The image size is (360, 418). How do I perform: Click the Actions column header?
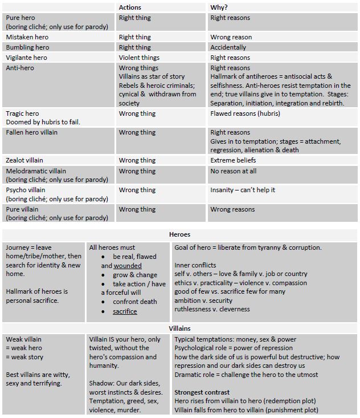pos(130,7)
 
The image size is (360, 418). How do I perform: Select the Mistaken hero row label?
pos(26,37)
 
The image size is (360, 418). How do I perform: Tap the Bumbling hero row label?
pos(27,47)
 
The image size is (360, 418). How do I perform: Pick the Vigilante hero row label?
pos(27,58)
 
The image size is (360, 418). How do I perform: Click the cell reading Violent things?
pos(139,58)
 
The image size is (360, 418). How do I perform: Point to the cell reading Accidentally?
pos(228,47)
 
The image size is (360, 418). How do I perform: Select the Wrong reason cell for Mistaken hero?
pos(231,37)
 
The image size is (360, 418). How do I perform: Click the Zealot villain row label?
pos(24,160)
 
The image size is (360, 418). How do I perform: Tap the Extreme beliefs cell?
pos(233,160)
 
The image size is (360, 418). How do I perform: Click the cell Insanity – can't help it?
pos(243,190)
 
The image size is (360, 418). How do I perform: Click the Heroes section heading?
pos(179,234)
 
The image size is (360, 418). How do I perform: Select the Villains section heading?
pos(179,328)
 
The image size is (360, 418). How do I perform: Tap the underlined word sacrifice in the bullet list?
pos(125,311)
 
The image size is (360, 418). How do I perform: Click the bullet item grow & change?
pos(135,275)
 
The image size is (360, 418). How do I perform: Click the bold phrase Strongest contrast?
pos(202,392)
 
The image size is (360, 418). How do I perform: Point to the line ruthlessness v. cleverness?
pos(212,309)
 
